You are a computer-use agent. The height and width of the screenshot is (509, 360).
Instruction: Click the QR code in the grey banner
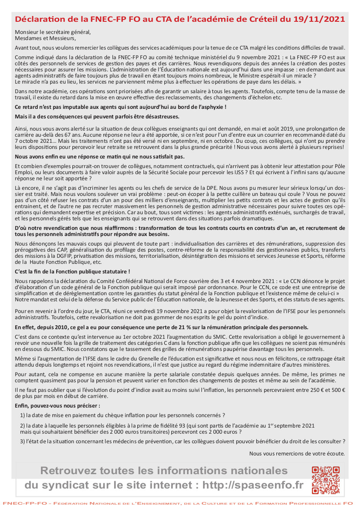coord(326,479)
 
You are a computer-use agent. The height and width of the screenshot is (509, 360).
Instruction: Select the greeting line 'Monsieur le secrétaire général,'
coord(53,32)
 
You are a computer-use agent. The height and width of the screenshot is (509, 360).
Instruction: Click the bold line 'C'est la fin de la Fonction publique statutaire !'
coord(72,271)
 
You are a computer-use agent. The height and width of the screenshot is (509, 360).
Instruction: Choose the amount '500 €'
coord(336,390)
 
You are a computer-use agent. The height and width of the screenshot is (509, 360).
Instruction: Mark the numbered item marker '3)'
coord(22,441)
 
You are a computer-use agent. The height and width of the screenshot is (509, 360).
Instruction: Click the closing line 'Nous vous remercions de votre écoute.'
coord(297,453)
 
